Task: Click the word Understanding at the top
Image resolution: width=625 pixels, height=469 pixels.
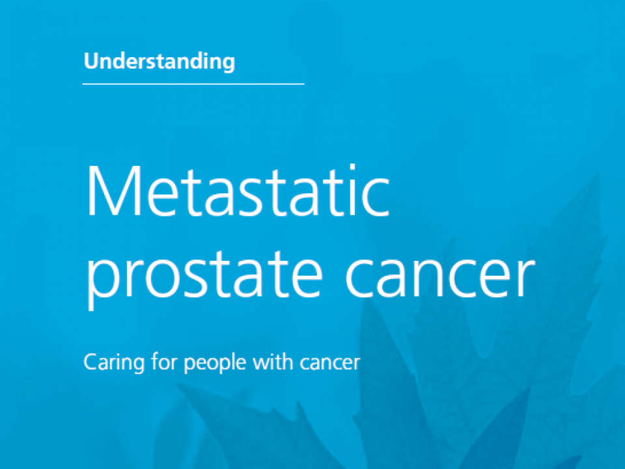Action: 160,62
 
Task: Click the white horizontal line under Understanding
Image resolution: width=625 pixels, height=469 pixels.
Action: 193,84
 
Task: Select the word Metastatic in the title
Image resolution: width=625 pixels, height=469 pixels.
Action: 238,191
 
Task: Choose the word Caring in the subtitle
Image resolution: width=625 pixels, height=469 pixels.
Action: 114,363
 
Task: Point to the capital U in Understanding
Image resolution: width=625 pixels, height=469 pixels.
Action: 91,61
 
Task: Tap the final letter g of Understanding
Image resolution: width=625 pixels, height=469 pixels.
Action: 228,64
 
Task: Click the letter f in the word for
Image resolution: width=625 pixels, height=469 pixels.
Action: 155,362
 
